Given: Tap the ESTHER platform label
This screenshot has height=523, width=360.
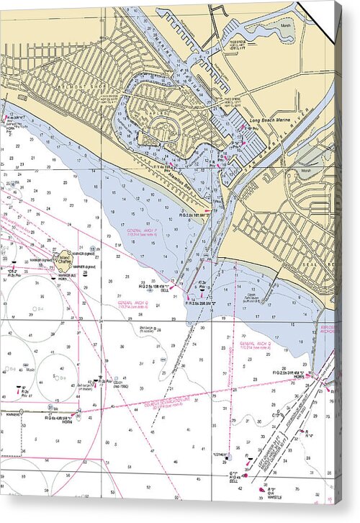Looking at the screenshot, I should pyautogui.click(x=220, y=454).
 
